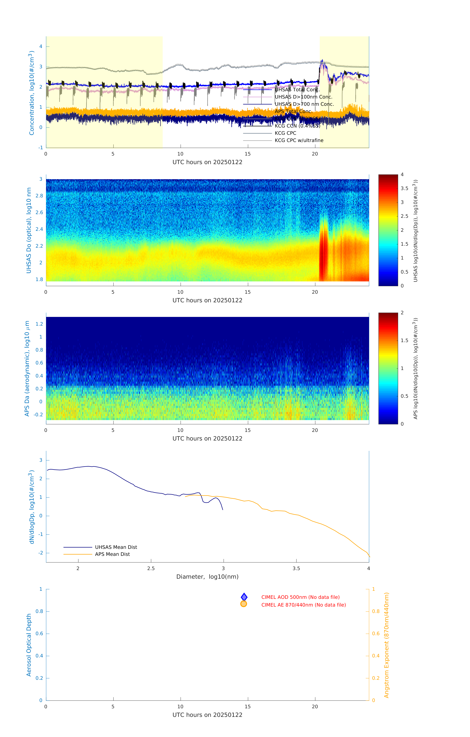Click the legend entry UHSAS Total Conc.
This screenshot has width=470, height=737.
pyautogui.click(x=297, y=90)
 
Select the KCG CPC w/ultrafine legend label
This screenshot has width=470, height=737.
pyautogui.click(x=299, y=141)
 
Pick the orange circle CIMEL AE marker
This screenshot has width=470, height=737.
pyautogui.click(x=244, y=604)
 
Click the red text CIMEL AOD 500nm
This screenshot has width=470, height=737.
pyautogui.click(x=300, y=597)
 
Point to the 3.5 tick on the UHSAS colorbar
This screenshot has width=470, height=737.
pyautogui.click(x=404, y=189)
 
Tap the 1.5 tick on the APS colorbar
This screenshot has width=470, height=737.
pyautogui.click(x=404, y=340)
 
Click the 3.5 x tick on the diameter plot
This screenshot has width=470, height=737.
pyautogui.click(x=296, y=568)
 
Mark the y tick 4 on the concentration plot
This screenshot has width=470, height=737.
pyautogui.click(x=41, y=47)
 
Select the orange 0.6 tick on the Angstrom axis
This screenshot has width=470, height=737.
pyautogui.click(x=376, y=634)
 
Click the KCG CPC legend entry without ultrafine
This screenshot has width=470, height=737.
pyautogui.click(x=285, y=133)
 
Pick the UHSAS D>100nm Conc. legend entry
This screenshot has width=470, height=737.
pyautogui.click(x=303, y=97)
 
